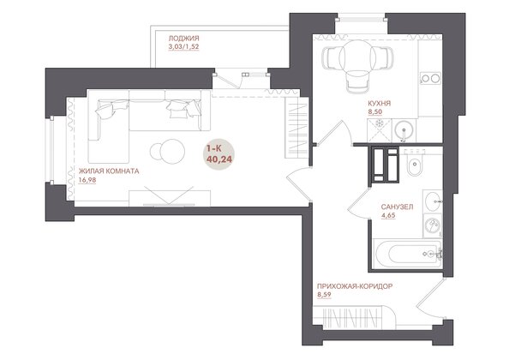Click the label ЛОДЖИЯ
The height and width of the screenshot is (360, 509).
point(183,39)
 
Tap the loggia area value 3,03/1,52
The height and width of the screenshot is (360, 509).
point(183,47)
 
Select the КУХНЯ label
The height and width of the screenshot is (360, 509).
point(379,103)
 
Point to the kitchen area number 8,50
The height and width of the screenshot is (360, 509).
point(375,112)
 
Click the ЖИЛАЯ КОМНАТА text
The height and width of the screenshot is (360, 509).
point(109,171)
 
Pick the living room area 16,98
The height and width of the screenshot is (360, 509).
point(87,180)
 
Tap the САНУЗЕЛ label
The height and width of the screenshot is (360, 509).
point(397,207)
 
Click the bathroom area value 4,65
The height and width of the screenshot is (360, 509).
point(388,215)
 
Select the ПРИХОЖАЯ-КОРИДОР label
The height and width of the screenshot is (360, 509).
point(355,286)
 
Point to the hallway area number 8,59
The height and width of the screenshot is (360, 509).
point(324,295)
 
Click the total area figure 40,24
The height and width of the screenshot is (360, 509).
point(219,159)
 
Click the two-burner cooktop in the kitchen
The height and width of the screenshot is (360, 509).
point(430,78)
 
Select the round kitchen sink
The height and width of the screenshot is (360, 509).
point(404,130)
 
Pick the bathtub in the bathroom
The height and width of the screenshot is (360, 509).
point(407,255)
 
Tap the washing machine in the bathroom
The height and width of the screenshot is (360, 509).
point(433,225)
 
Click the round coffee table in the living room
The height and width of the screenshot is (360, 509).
point(171,151)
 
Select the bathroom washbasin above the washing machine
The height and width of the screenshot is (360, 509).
point(433,199)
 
